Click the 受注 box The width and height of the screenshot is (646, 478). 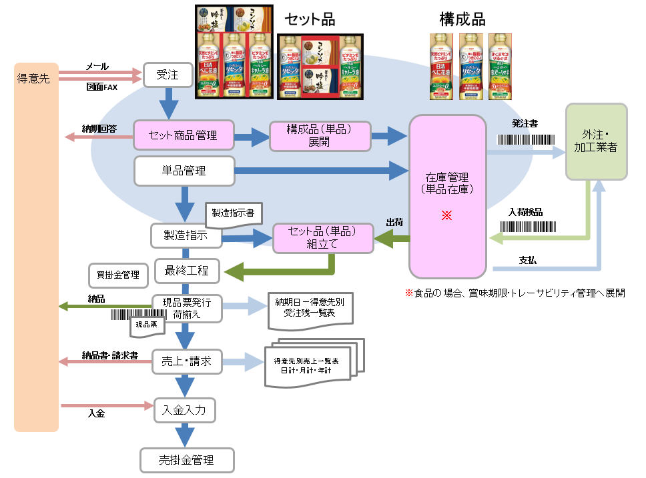pyautogui.click(x=167, y=75)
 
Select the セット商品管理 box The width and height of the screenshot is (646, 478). pyautogui.click(x=184, y=135)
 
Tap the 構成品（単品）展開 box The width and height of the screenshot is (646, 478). pyautogui.click(x=319, y=135)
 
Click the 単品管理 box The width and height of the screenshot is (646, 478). pyautogui.click(x=184, y=171)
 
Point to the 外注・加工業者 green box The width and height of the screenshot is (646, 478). pyautogui.click(x=596, y=141)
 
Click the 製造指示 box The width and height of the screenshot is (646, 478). pyautogui.click(x=186, y=235)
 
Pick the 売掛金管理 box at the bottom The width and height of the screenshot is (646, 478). pyautogui.click(x=186, y=460)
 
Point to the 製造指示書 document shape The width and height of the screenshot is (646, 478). pyautogui.click(x=233, y=214)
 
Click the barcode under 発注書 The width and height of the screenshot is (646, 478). pyautogui.click(x=527, y=141)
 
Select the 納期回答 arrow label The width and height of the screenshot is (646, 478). pyautogui.click(x=99, y=128)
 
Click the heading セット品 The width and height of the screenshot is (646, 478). pyautogui.click(x=310, y=19)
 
